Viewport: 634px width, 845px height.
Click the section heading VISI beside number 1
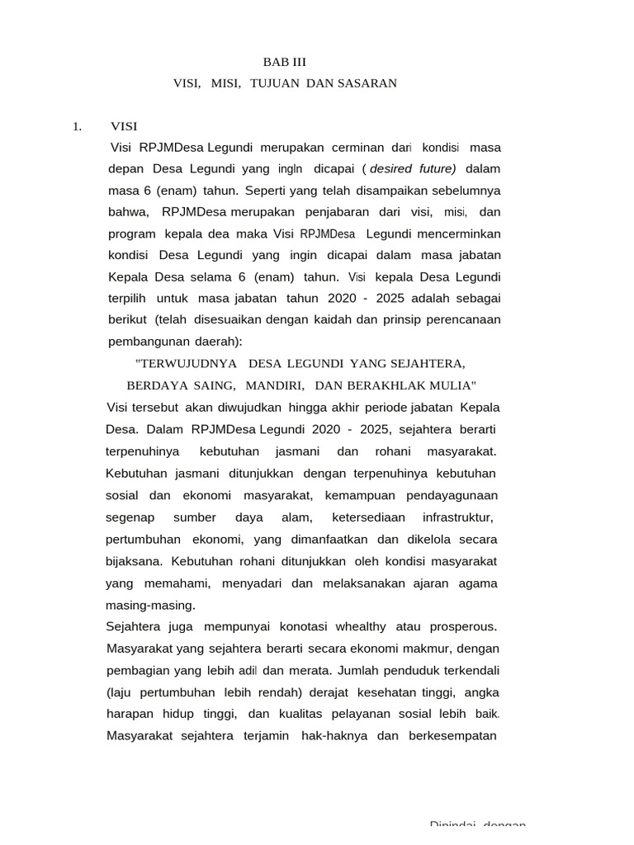click(124, 126)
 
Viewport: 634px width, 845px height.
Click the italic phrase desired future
click(413, 169)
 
